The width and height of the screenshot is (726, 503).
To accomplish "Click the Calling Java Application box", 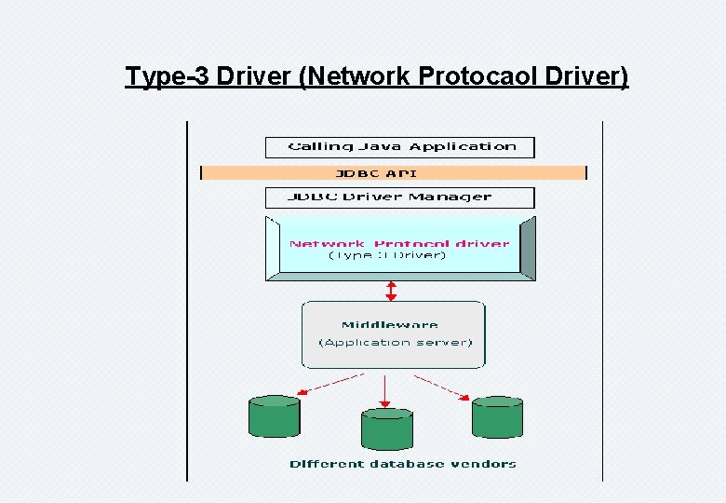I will [400, 147].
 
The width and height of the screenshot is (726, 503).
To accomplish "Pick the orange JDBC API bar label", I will [376, 172].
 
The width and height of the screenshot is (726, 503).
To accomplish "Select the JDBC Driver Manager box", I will [400, 197].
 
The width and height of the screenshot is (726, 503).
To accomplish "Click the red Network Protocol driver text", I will [399, 243].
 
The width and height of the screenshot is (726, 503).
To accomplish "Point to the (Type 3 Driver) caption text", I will [388, 255].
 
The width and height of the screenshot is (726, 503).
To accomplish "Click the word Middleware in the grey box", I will [389, 324].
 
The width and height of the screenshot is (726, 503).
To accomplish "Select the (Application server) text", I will [396, 342].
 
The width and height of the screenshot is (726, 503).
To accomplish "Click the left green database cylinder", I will [275, 417].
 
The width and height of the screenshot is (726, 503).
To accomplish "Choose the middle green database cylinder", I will [386, 429].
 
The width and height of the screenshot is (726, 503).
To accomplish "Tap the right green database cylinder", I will [497, 417].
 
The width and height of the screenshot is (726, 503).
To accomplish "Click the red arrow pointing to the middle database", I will [384, 389].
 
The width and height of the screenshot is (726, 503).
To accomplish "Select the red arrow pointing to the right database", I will [442, 387].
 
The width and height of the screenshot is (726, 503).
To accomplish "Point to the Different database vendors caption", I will [402, 463].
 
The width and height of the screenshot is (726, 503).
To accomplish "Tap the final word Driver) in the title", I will [588, 75].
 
